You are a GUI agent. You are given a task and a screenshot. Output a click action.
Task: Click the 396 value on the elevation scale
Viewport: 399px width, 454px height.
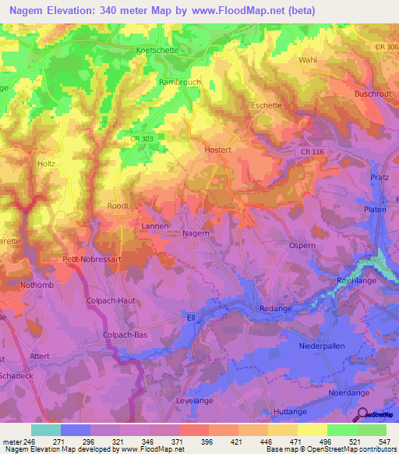tap(207, 442)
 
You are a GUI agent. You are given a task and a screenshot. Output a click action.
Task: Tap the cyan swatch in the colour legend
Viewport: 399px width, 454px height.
tap(46, 430)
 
